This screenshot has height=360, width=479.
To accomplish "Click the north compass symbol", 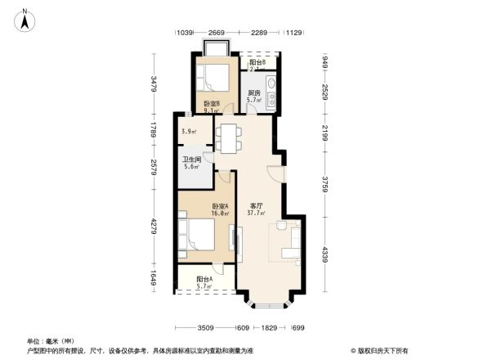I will coord(26,19).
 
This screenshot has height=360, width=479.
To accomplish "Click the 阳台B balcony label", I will coord(257,63).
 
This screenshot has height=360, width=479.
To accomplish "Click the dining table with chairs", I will coord(229,137).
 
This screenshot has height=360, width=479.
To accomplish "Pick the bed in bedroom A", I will coord(198,234).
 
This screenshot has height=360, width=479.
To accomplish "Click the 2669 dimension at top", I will coord(217,33).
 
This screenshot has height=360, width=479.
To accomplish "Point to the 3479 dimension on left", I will coord(153,83).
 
